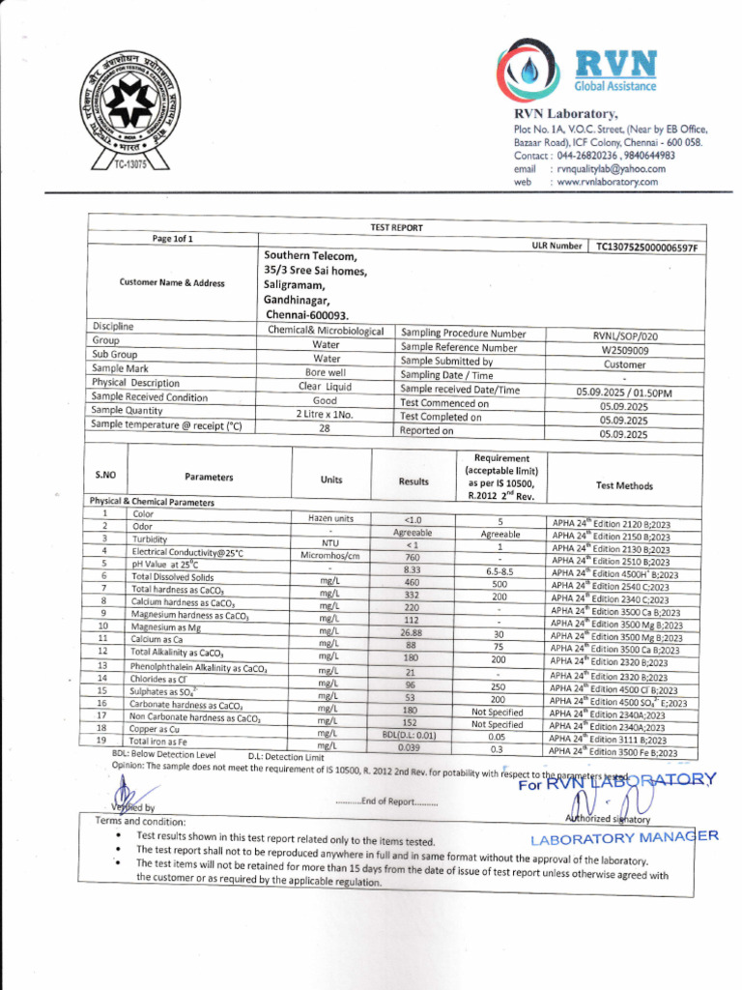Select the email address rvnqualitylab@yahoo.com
coord(610,168)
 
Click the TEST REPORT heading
coord(396,227)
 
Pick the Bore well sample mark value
coord(326,371)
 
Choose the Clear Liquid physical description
coord(326,386)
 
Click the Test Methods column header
coord(624,485)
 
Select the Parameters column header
coord(210,477)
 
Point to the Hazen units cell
coord(330,519)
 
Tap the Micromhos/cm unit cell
coord(330,556)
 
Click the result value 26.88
coord(413,632)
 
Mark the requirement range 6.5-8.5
coord(499,571)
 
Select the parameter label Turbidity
coord(150,539)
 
